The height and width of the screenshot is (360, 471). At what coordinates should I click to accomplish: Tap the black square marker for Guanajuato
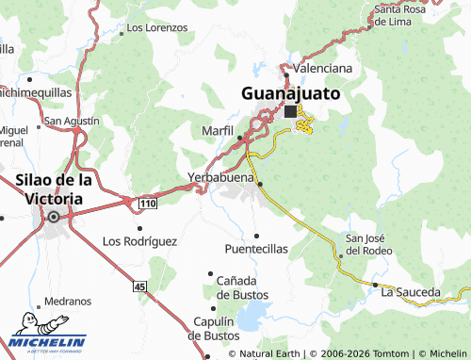290,111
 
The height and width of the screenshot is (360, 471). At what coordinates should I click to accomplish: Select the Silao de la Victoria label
55,188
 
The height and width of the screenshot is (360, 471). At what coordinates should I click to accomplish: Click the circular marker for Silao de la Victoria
54,217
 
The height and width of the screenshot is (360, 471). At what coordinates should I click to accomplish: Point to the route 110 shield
147,204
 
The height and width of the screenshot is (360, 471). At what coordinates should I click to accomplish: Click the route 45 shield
140,286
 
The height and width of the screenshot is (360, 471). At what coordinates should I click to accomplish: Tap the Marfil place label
217,129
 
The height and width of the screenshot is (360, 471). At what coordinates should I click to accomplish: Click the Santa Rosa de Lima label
404,14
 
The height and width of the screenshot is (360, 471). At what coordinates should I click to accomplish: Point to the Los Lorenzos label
157,28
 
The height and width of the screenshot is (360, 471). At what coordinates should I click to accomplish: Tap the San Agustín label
72,122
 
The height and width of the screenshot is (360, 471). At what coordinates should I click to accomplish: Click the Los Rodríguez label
139,240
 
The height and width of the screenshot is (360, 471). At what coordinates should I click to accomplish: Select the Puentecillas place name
256,249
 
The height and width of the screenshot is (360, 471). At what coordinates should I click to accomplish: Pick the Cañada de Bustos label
242,287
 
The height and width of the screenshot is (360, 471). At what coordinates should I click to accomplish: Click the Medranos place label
68,303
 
